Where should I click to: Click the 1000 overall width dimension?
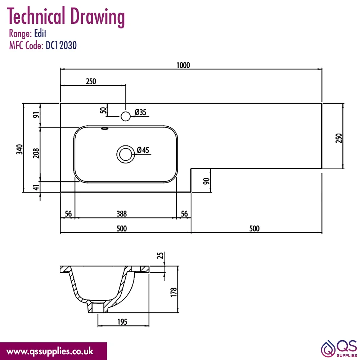pyautogui.click(x=183, y=65)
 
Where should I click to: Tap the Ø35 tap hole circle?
pyautogui.click(x=126, y=116)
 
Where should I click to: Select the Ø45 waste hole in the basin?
pyautogui.click(x=126, y=154)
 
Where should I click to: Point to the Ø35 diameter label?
pyautogui.click(x=140, y=112)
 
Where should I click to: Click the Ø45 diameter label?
pyautogui.click(x=143, y=150)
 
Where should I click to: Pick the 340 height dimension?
pyautogui.click(x=19, y=149)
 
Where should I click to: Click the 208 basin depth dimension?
pyautogui.click(x=36, y=153)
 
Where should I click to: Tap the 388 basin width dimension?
pyautogui.click(x=121, y=214)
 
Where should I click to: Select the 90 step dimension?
pyautogui.click(x=206, y=181)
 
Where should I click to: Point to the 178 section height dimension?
pyautogui.click(x=174, y=292)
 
